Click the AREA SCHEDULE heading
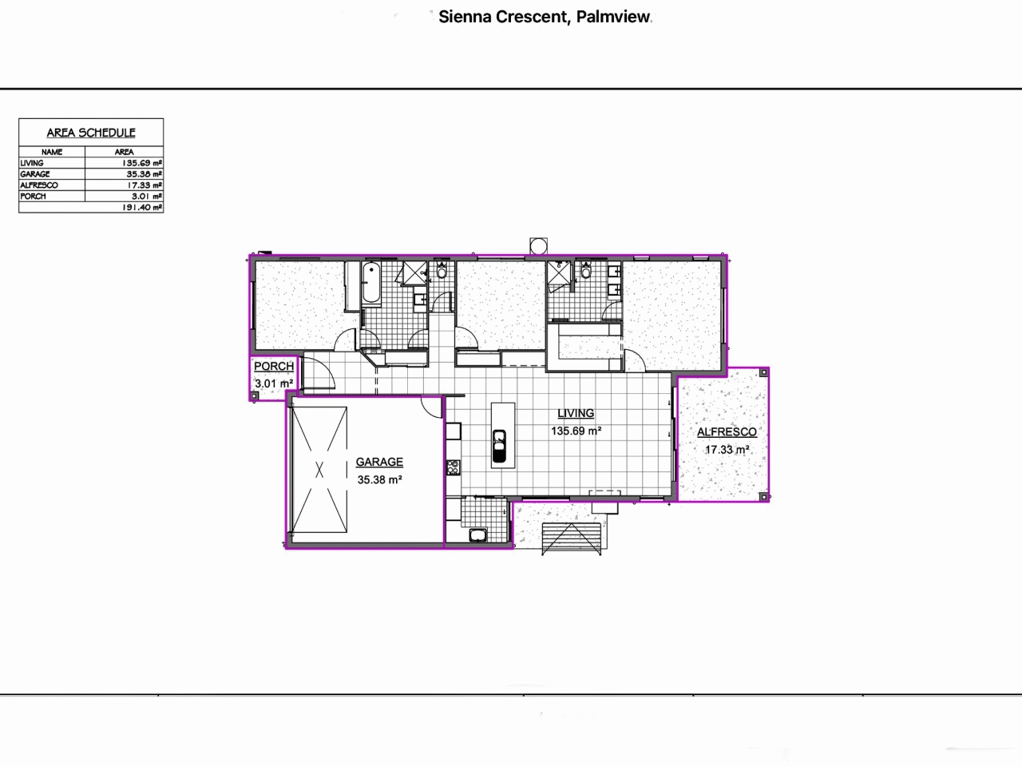tap(91, 133)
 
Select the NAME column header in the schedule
tap(52, 151)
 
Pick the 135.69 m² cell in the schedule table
tap(143, 162)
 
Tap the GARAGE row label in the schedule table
tap(35, 173)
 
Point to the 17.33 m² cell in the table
tap(145, 185)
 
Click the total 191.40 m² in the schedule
tap(143, 207)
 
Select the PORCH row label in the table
tap(34, 196)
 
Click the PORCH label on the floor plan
tap(273, 367)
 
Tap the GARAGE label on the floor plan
tap(379, 462)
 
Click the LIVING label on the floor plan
tap(576, 413)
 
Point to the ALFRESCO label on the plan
tap(727, 432)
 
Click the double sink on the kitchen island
tap(499, 447)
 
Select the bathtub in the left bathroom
tap(371, 284)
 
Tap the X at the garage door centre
tap(319, 471)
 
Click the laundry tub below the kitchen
tap(478, 535)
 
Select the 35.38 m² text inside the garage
tap(379, 480)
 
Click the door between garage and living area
tap(432, 407)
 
